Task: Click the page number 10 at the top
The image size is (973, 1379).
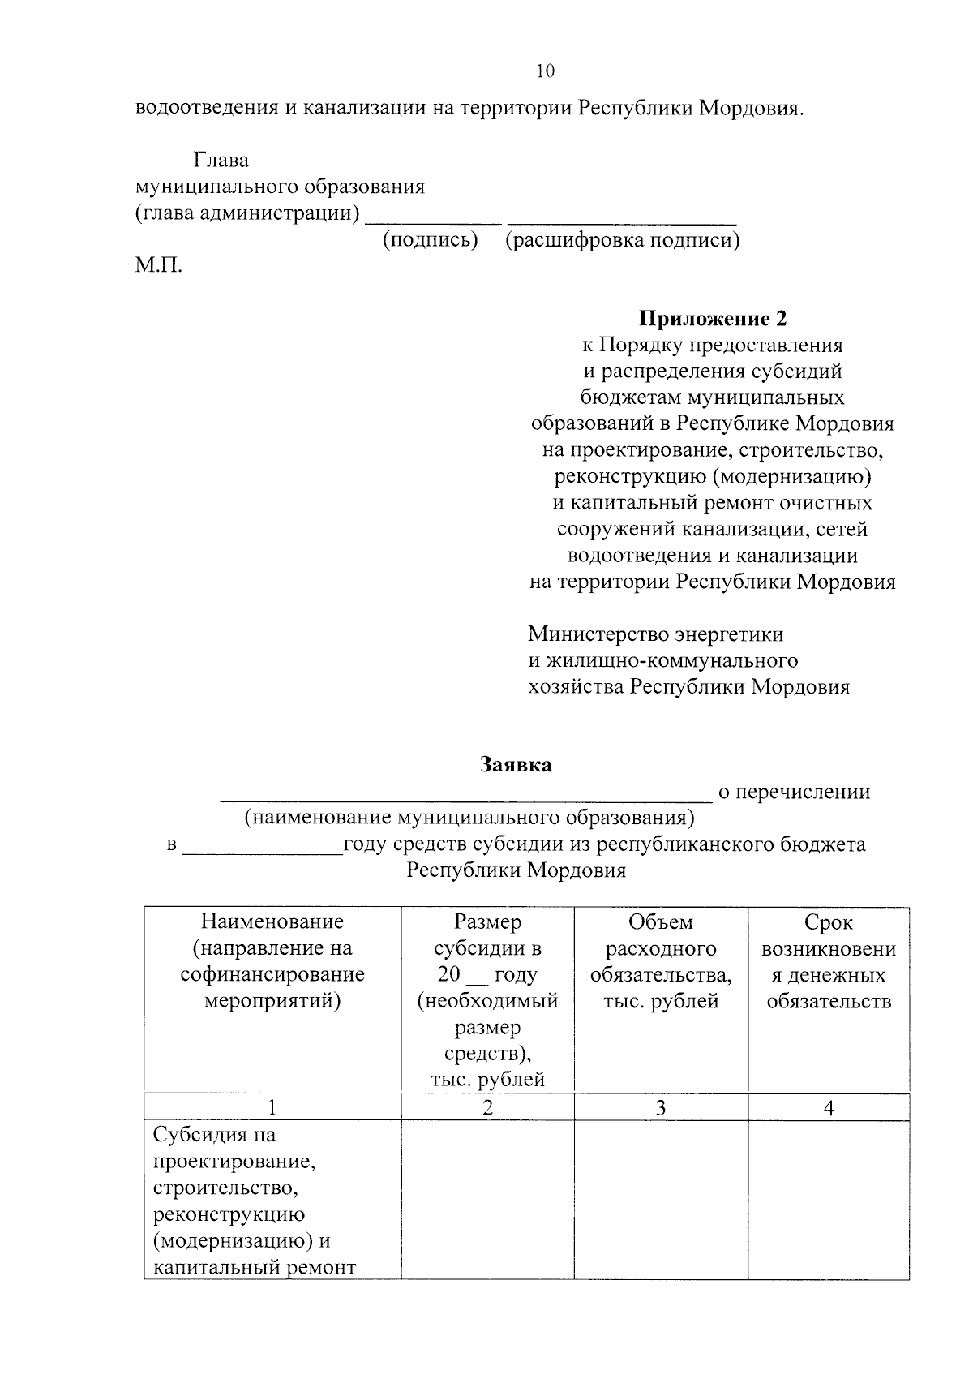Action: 545,71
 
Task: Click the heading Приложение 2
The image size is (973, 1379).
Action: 713,319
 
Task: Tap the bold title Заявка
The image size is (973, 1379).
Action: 516,764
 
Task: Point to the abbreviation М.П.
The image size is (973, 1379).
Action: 159,266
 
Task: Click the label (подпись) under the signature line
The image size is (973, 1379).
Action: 430,240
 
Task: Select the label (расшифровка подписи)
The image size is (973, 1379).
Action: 622,240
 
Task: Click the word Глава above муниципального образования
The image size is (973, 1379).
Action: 221,161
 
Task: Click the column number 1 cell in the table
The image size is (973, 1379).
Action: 272,1107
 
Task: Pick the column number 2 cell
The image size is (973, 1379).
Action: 487,1107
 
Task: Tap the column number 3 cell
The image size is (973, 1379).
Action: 660,1107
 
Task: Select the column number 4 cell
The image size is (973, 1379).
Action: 828,1107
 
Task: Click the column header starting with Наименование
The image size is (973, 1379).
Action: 272,961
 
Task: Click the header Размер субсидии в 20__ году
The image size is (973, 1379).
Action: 487,1000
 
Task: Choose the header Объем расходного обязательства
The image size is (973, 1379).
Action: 660,961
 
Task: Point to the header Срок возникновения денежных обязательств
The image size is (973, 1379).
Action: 828,961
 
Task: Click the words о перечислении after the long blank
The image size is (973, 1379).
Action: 794,792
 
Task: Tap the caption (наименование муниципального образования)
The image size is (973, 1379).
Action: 469,817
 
